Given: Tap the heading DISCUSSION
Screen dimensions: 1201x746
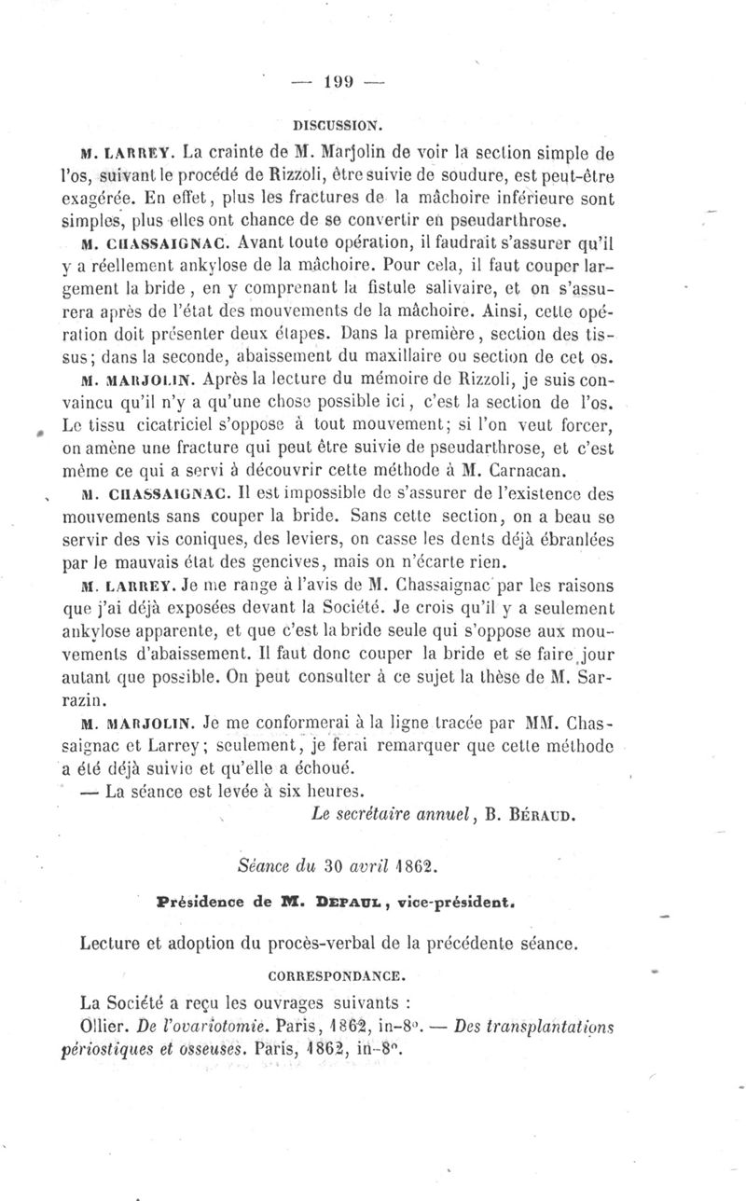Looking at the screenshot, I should point(324,122).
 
